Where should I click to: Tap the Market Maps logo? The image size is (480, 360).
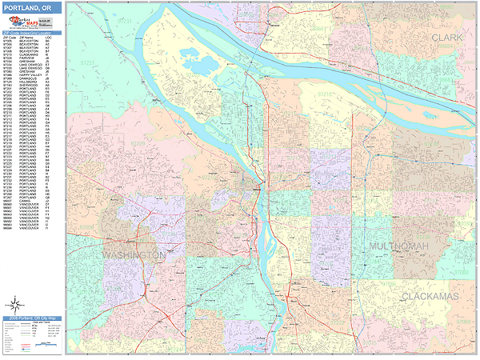16,25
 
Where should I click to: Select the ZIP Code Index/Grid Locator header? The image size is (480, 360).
30,34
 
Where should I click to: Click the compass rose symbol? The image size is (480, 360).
14,305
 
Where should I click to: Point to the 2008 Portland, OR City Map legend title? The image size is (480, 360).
30,318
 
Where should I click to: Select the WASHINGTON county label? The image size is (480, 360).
134,254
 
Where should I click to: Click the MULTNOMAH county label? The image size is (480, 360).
398,246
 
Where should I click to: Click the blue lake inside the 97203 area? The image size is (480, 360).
199,64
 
